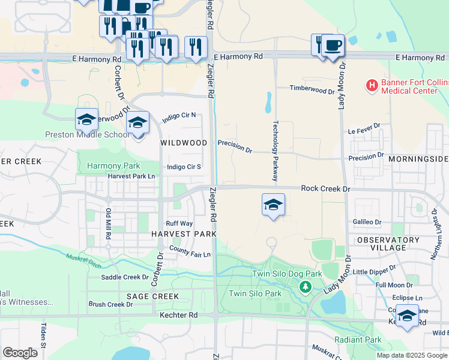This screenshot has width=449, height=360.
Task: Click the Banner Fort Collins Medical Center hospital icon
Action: point(372,86)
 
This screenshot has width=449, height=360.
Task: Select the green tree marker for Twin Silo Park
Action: point(306,288)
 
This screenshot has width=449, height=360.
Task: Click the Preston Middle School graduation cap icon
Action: point(86,119)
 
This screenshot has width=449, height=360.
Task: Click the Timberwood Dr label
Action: point(312,89)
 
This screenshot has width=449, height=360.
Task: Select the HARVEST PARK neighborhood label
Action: point(184,233)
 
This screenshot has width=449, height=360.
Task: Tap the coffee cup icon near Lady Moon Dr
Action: point(333,45)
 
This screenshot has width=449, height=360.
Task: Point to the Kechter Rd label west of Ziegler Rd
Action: point(178,314)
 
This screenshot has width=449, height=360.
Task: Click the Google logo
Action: point(20,352)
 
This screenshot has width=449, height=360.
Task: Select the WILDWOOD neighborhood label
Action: point(184,143)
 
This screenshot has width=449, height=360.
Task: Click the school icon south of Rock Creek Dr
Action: point(273,205)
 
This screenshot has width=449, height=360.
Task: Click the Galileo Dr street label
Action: point(367,222)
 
